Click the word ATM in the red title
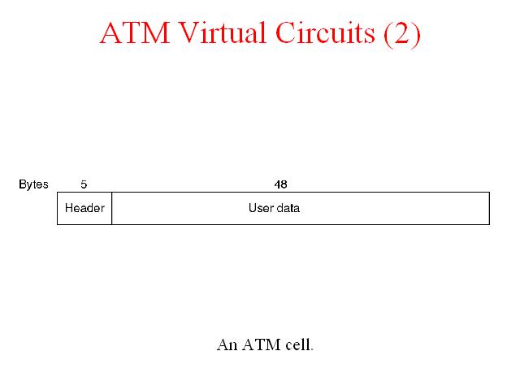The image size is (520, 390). pyautogui.click(x=135, y=32)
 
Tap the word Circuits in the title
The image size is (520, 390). pyautogui.click(x=325, y=32)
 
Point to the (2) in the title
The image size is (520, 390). pyautogui.click(x=402, y=33)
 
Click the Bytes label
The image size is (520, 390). pyautogui.click(x=33, y=184)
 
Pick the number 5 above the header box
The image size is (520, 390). pyautogui.click(x=84, y=184)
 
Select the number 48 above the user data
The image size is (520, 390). pyautogui.click(x=280, y=184)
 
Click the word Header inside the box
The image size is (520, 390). pyautogui.click(x=84, y=208)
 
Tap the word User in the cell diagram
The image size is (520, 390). pyautogui.click(x=260, y=208)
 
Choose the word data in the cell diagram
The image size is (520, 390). pyautogui.click(x=288, y=208)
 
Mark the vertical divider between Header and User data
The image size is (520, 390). pyautogui.click(x=112, y=208)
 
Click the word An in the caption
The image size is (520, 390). pyautogui.click(x=227, y=344)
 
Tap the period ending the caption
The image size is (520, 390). pyautogui.click(x=312, y=349)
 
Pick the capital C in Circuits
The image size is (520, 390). pyautogui.click(x=287, y=32)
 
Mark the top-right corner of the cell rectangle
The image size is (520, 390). pyautogui.click(x=489, y=192)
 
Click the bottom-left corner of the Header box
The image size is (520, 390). pyautogui.click(x=58, y=224)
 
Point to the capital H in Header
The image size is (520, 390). pyautogui.click(x=68, y=208)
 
